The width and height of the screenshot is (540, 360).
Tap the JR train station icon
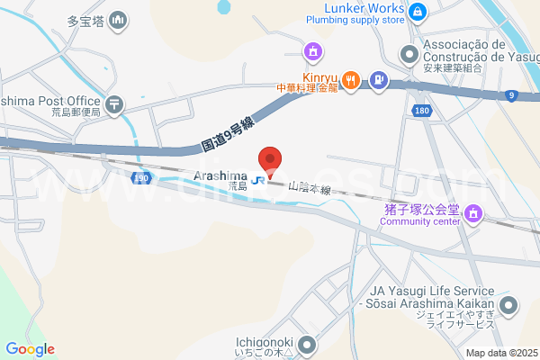[258, 179]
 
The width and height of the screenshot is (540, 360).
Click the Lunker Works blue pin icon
[418, 12]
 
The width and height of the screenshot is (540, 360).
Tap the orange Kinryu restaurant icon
[351, 80]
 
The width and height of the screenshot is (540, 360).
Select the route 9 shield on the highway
[511, 94]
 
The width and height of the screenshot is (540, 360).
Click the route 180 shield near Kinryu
[421, 110]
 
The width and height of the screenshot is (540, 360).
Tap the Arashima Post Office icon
[114, 104]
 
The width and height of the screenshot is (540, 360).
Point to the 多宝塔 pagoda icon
[118, 20]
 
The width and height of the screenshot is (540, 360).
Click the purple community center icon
[474, 215]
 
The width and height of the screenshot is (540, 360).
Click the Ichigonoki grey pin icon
[308, 344]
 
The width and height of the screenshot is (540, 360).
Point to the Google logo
[29, 349]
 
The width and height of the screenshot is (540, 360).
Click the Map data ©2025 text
[501, 353]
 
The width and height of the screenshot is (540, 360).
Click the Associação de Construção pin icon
[409, 55]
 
